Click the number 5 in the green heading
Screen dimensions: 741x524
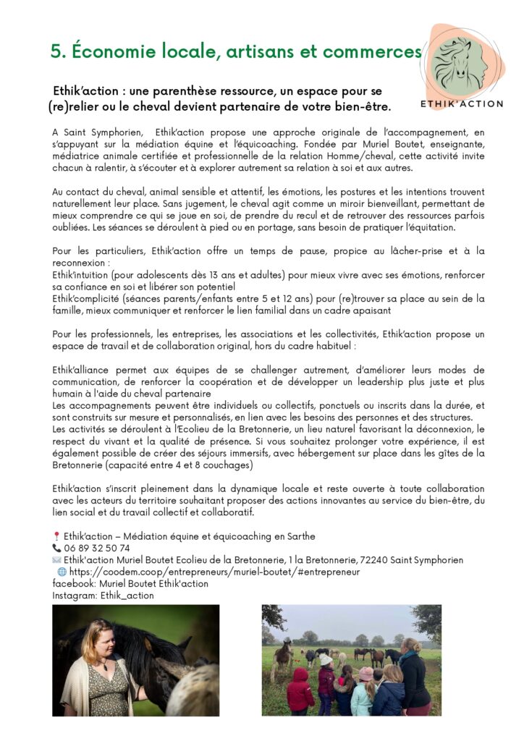pos(56,52)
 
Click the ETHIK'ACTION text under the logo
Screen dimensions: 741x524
pos(462,103)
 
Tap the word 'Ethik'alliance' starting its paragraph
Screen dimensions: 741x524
pos(82,370)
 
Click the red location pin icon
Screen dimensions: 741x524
pos(56,537)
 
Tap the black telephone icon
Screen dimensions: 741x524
pos(56,549)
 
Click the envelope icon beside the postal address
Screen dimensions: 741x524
pos(56,560)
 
